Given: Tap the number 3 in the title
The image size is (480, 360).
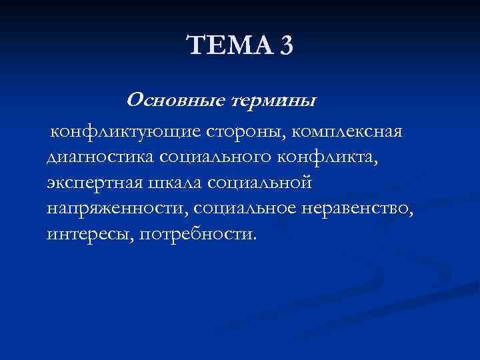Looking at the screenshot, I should pyautogui.click(x=285, y=46).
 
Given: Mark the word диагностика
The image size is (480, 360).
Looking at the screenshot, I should pyautogui.click(x=99, y=157).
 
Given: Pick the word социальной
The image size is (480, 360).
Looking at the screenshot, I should pyautogui.click(x=259, y=181).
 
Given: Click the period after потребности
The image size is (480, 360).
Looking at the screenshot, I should pyautogui.click(x=253, y=237).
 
